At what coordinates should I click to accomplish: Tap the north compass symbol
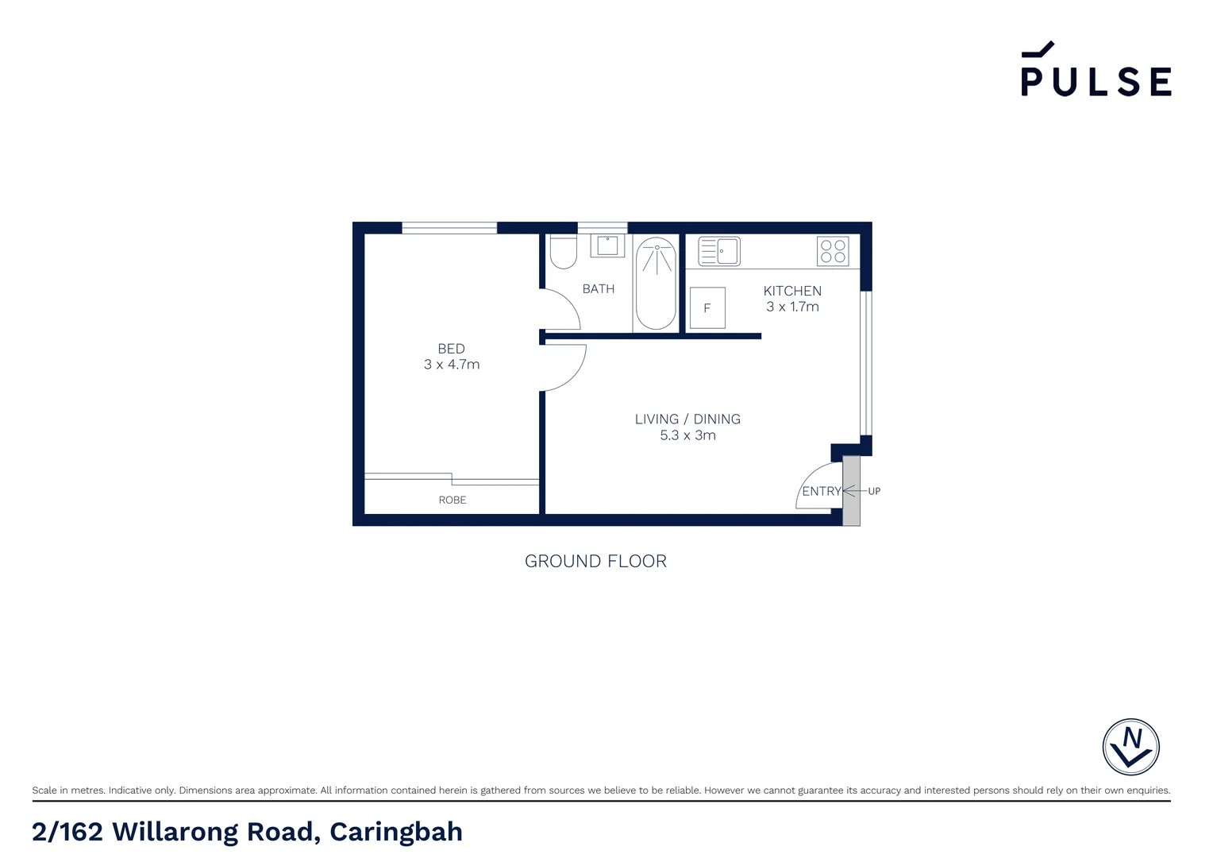tap(1130, 747)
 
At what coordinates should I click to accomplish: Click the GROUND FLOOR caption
tap(595, 561)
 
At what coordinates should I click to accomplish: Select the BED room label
tap(451, 349)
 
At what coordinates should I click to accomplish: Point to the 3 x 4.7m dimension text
tap(452, 365)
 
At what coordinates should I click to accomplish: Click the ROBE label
tap(452, 500)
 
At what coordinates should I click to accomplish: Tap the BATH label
tap(599, 289)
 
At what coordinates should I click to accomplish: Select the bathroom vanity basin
tap(608, 245)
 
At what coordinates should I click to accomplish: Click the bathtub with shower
tap(656, 283)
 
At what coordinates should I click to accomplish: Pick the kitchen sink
tap(719, 252)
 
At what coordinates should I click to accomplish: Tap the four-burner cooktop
tap(833, 252)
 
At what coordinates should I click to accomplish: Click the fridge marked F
tap(707, 308)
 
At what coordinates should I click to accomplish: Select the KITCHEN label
tap(792, 291)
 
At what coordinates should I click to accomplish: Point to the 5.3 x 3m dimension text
tap(687, 435)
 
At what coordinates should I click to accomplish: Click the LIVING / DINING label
tap(687, 419)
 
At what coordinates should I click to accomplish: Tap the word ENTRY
tap(821, 491)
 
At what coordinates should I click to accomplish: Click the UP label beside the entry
tap(874, 491)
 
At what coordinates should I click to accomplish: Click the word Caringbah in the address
tap(396, 832)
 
